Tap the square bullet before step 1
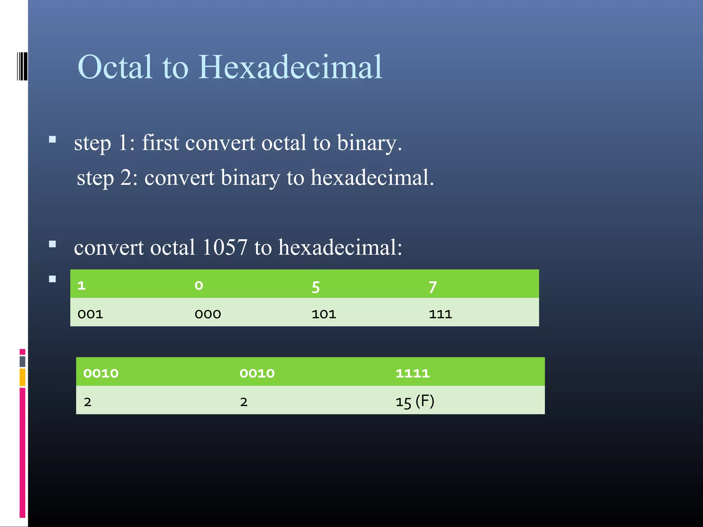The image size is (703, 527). pos(53,139)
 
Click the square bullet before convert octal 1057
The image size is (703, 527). pos(53,244)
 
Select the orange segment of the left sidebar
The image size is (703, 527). pos(22,377)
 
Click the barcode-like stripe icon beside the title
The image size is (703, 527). pos(22,66)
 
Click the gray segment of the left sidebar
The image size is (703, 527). pos(22,361)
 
